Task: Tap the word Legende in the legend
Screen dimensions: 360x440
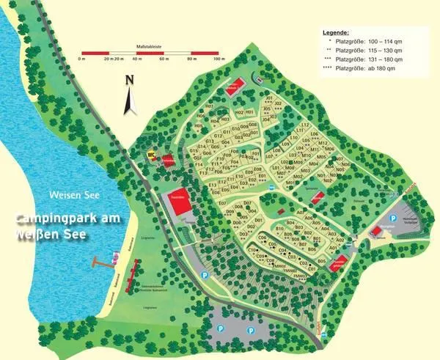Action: tap(337, 33)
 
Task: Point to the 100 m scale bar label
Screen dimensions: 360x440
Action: tap(219, 58)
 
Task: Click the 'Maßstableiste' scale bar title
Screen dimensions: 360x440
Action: tap(150, 45)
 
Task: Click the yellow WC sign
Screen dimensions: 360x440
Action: tap(152, 154)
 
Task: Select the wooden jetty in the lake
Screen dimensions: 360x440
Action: tap(103, 260)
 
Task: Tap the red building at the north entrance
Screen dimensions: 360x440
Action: tap(236, 85)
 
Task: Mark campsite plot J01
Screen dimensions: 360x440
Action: tap(268, 98)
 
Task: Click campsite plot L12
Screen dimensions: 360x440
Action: tap(305, 125)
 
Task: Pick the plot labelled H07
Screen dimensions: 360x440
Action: tap(209, 106)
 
